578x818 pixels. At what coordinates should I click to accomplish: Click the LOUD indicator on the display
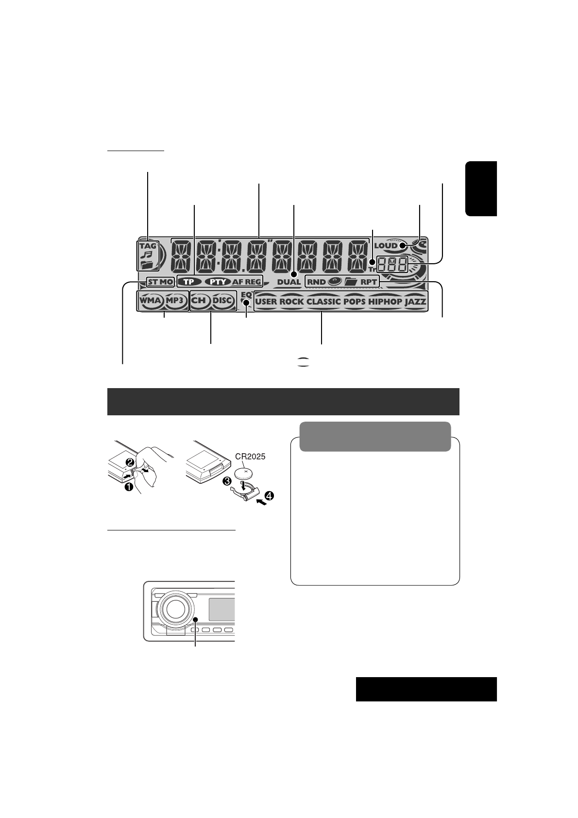[x=386, y=245]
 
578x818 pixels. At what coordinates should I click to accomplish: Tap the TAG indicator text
[x=148, y=246]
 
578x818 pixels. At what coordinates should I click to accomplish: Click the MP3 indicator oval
[x=176, y=301]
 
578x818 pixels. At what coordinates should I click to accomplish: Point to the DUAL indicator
[x=289, y=282]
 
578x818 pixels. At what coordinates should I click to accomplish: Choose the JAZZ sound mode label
[x=415, y=301]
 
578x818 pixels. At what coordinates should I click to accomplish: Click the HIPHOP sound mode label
[x=385, y=301]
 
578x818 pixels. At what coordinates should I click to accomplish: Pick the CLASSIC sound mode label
[x=323, y=301]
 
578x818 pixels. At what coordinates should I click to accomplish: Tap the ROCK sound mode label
[x=292, y=301]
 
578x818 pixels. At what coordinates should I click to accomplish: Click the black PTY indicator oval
[x=217, y=281]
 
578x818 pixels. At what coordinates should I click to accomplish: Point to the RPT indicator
[x=369, y=281]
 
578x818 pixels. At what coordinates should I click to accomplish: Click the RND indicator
[x=316, y=281]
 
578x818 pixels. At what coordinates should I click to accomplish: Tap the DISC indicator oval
[x=223, y=301]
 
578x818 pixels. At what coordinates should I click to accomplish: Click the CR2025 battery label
[x=251, y=457]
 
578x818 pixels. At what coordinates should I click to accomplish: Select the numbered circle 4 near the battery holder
[x=269, y=496]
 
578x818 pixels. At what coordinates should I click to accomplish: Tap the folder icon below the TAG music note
[x=147, y=264]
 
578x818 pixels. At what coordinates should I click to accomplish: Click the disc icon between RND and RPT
[x=334, y=281]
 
